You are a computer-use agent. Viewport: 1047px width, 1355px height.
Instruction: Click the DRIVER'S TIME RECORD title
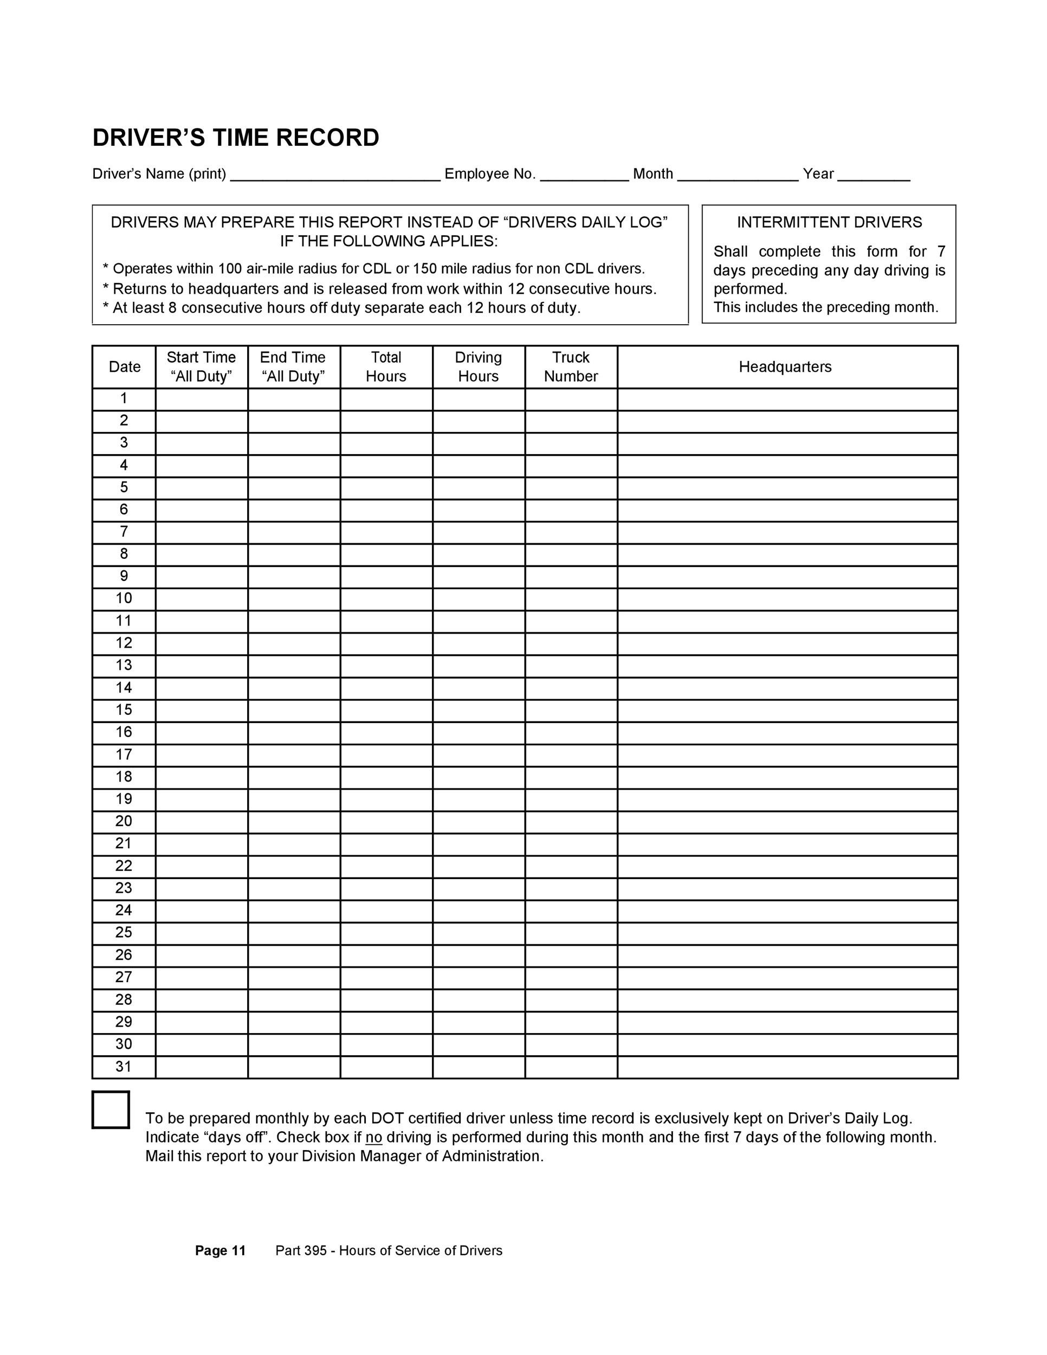[x=236, y=138]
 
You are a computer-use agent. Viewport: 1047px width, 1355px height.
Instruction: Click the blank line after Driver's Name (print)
[x=335, y=176]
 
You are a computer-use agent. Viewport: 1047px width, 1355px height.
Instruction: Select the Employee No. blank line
[x=584, y=176]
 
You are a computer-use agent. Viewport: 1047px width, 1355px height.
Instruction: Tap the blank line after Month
[x=738, y=176]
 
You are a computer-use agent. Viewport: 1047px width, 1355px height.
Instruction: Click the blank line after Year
[x=874, y=176]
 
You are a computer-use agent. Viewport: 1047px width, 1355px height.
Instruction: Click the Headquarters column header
[x=785, y=367]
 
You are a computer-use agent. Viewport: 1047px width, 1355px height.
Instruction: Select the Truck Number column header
[x=571, y=367]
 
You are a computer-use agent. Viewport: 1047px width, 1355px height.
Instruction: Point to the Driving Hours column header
[x=478, y=367]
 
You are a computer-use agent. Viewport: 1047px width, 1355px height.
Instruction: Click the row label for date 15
[x=124, y=710]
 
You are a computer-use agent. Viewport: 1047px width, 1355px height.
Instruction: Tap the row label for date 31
[x=124, y=1067]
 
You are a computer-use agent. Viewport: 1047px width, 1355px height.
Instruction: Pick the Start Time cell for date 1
[x=202, y=399]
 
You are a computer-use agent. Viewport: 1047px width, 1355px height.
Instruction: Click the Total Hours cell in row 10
[x=386, y=599]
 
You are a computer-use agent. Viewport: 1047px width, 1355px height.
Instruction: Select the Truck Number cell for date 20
[x=571, y=822]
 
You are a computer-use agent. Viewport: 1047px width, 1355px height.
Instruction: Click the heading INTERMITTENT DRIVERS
[x=829, y=222]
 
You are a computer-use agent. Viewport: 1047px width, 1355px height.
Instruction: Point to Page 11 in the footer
[x=220, y=1251]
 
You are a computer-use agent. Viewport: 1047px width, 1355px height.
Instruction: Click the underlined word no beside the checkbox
[x=373, y=1137]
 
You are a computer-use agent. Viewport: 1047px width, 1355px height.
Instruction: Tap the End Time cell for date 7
[x=294, y=532]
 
